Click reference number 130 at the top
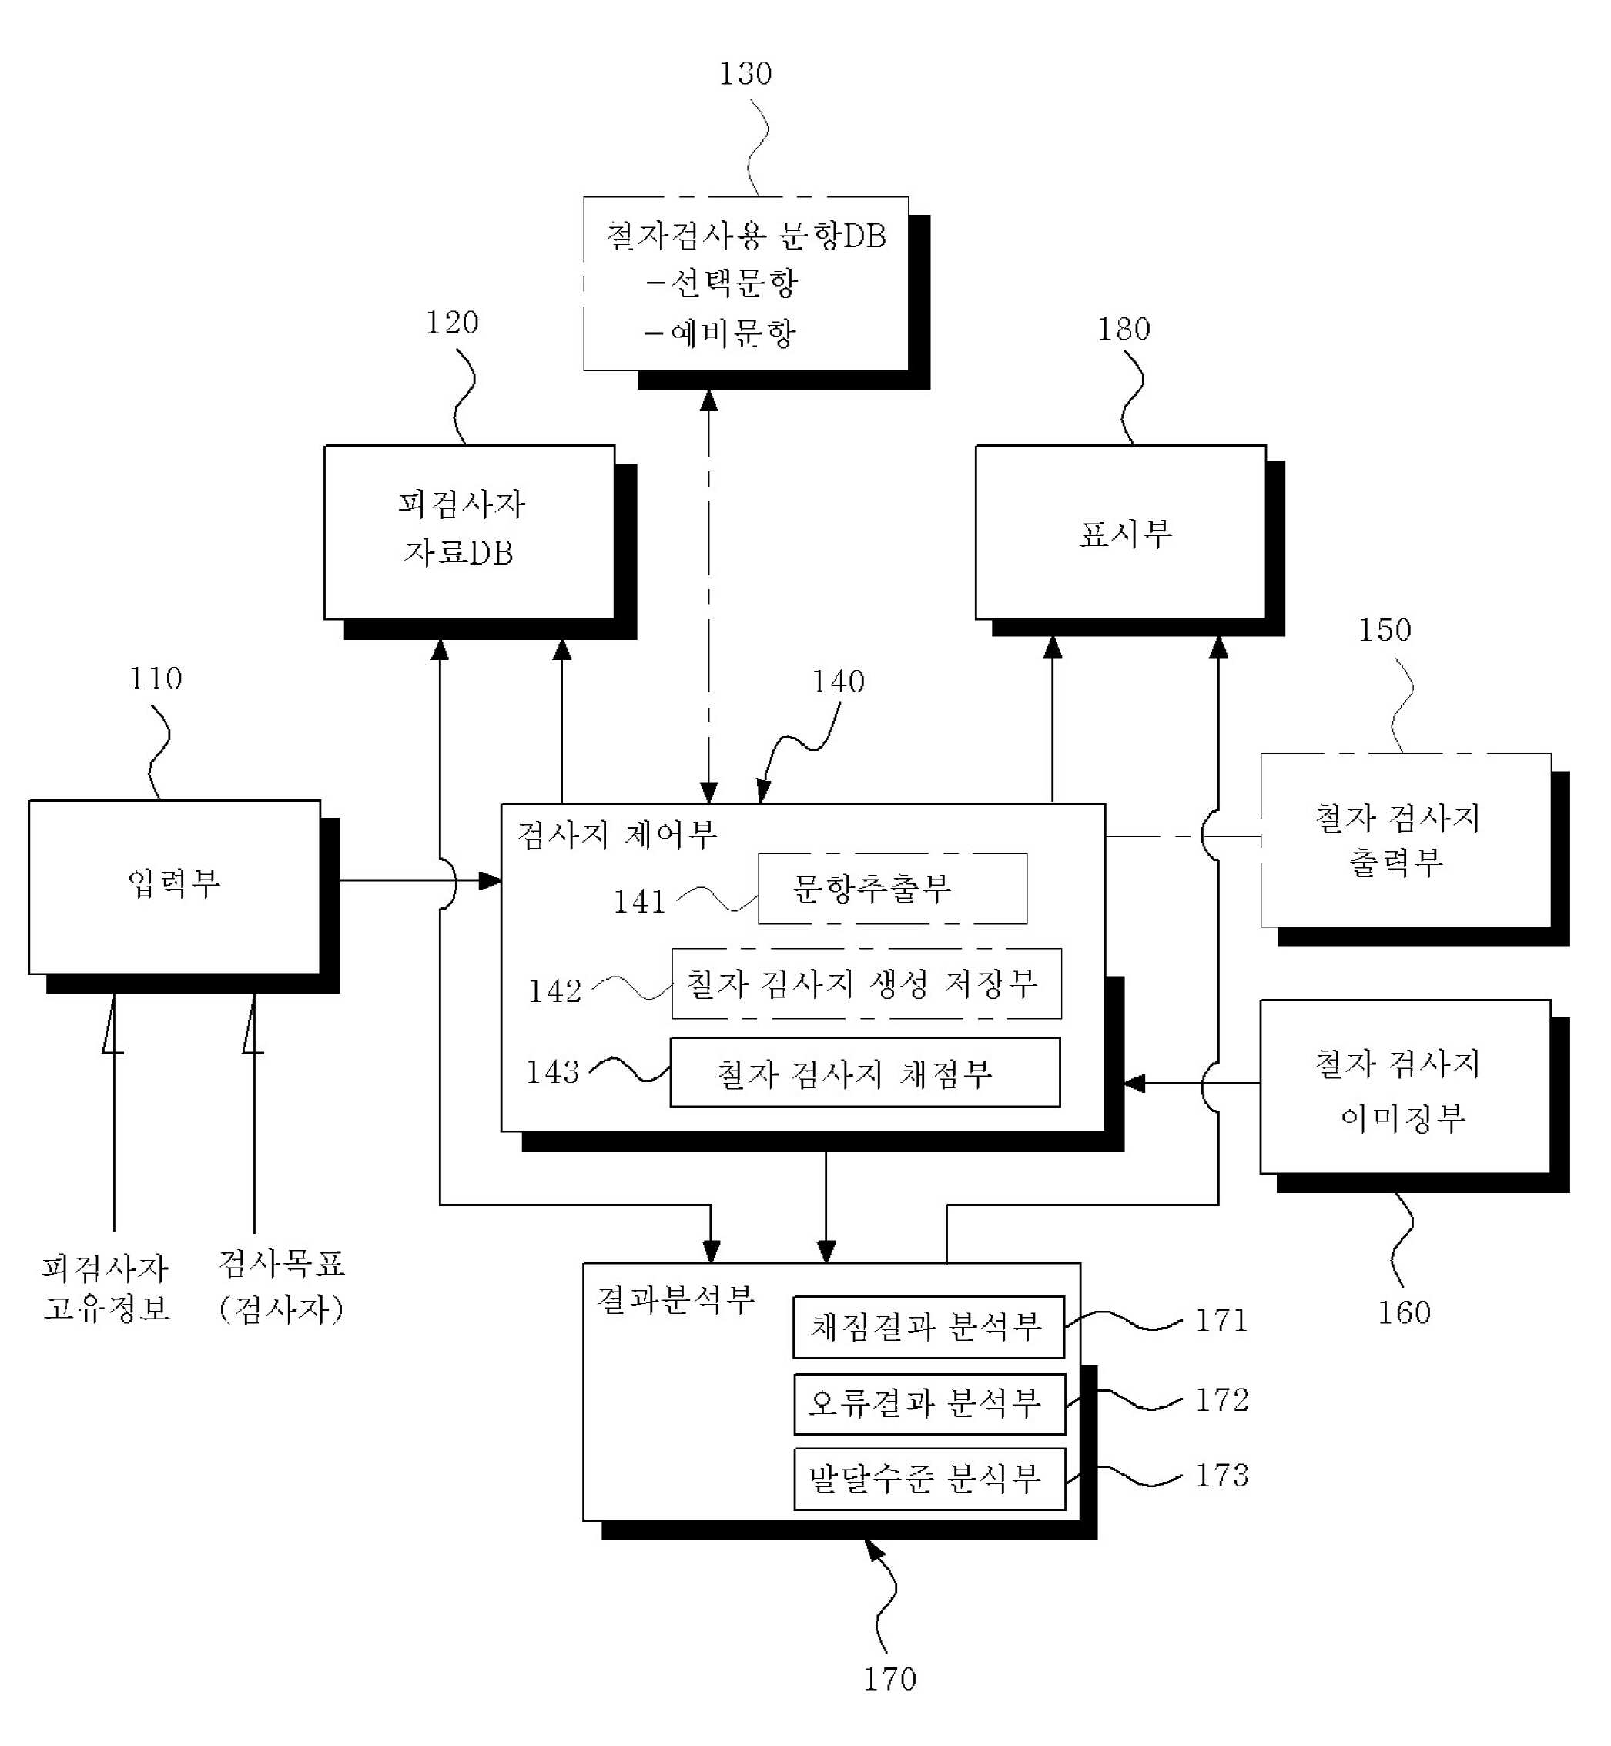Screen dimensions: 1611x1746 coord(745,74)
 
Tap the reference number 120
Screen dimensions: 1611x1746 coord(451,323)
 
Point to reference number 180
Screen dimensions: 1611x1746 coord(1124,330)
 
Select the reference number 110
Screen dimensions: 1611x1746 coord(156,679)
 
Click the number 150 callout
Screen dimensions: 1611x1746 coord(1385,630)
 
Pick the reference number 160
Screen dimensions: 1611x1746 coord(1404,1312)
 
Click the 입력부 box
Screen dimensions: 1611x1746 coord(174,886)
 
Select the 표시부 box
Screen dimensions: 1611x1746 coord(1121,533)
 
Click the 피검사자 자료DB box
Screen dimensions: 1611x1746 coord(470,533)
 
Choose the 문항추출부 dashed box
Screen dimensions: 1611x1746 coord(893,888)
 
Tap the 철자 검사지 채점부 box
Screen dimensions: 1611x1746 coord(866,1072)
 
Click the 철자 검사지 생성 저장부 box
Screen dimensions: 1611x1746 coord(866,984)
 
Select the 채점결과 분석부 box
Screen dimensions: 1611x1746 coord(929,1327)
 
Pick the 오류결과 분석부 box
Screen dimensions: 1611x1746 coord(930,1403)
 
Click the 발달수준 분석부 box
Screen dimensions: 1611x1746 coord(930,1479)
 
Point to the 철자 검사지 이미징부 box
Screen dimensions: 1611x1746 coord(1405,1086)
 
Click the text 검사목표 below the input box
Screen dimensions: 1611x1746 coord(282,1264)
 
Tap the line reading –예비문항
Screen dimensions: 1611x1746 coord(720,333)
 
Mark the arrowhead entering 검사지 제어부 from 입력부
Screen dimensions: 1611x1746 coord(491,880)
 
